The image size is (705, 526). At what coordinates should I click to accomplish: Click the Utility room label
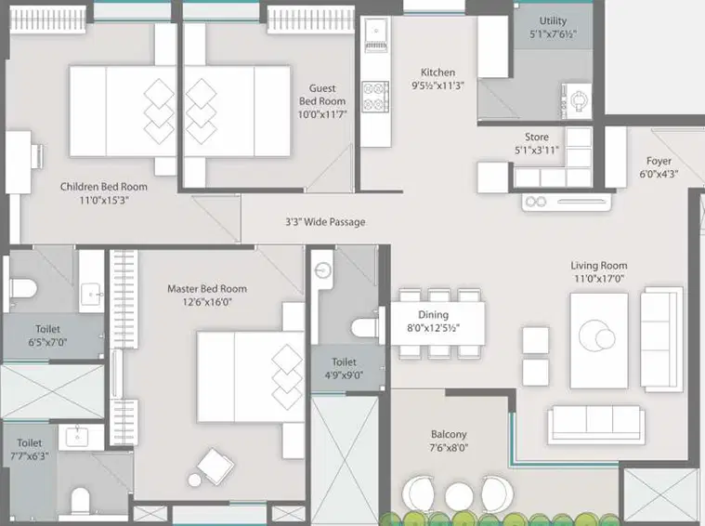tap(553, 20)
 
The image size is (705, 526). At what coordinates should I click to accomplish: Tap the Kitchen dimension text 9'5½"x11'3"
tap(437, 85)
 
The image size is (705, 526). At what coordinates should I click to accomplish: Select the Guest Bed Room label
tap(322, 95)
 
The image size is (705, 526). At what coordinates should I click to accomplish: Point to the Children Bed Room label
tap(104, 187)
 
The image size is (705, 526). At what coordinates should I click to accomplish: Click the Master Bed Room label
tap(207, 289)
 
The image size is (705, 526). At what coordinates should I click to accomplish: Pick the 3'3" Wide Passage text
tap(325, 222)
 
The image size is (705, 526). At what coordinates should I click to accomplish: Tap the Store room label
tap(537, 137)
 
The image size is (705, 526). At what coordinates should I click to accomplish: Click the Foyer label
tap(659, 161)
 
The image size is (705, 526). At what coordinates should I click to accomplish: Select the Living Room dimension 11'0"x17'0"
tap(599, 279)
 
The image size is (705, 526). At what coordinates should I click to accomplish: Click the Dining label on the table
tap(433, 315)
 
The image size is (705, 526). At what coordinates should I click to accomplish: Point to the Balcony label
tap(449, 435)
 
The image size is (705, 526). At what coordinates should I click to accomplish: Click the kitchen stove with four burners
tap(375, 97)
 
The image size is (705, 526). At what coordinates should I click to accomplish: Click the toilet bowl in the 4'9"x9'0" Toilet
tap(365, 327)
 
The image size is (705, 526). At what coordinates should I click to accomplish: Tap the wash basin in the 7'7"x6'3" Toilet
tap(77, 435)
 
